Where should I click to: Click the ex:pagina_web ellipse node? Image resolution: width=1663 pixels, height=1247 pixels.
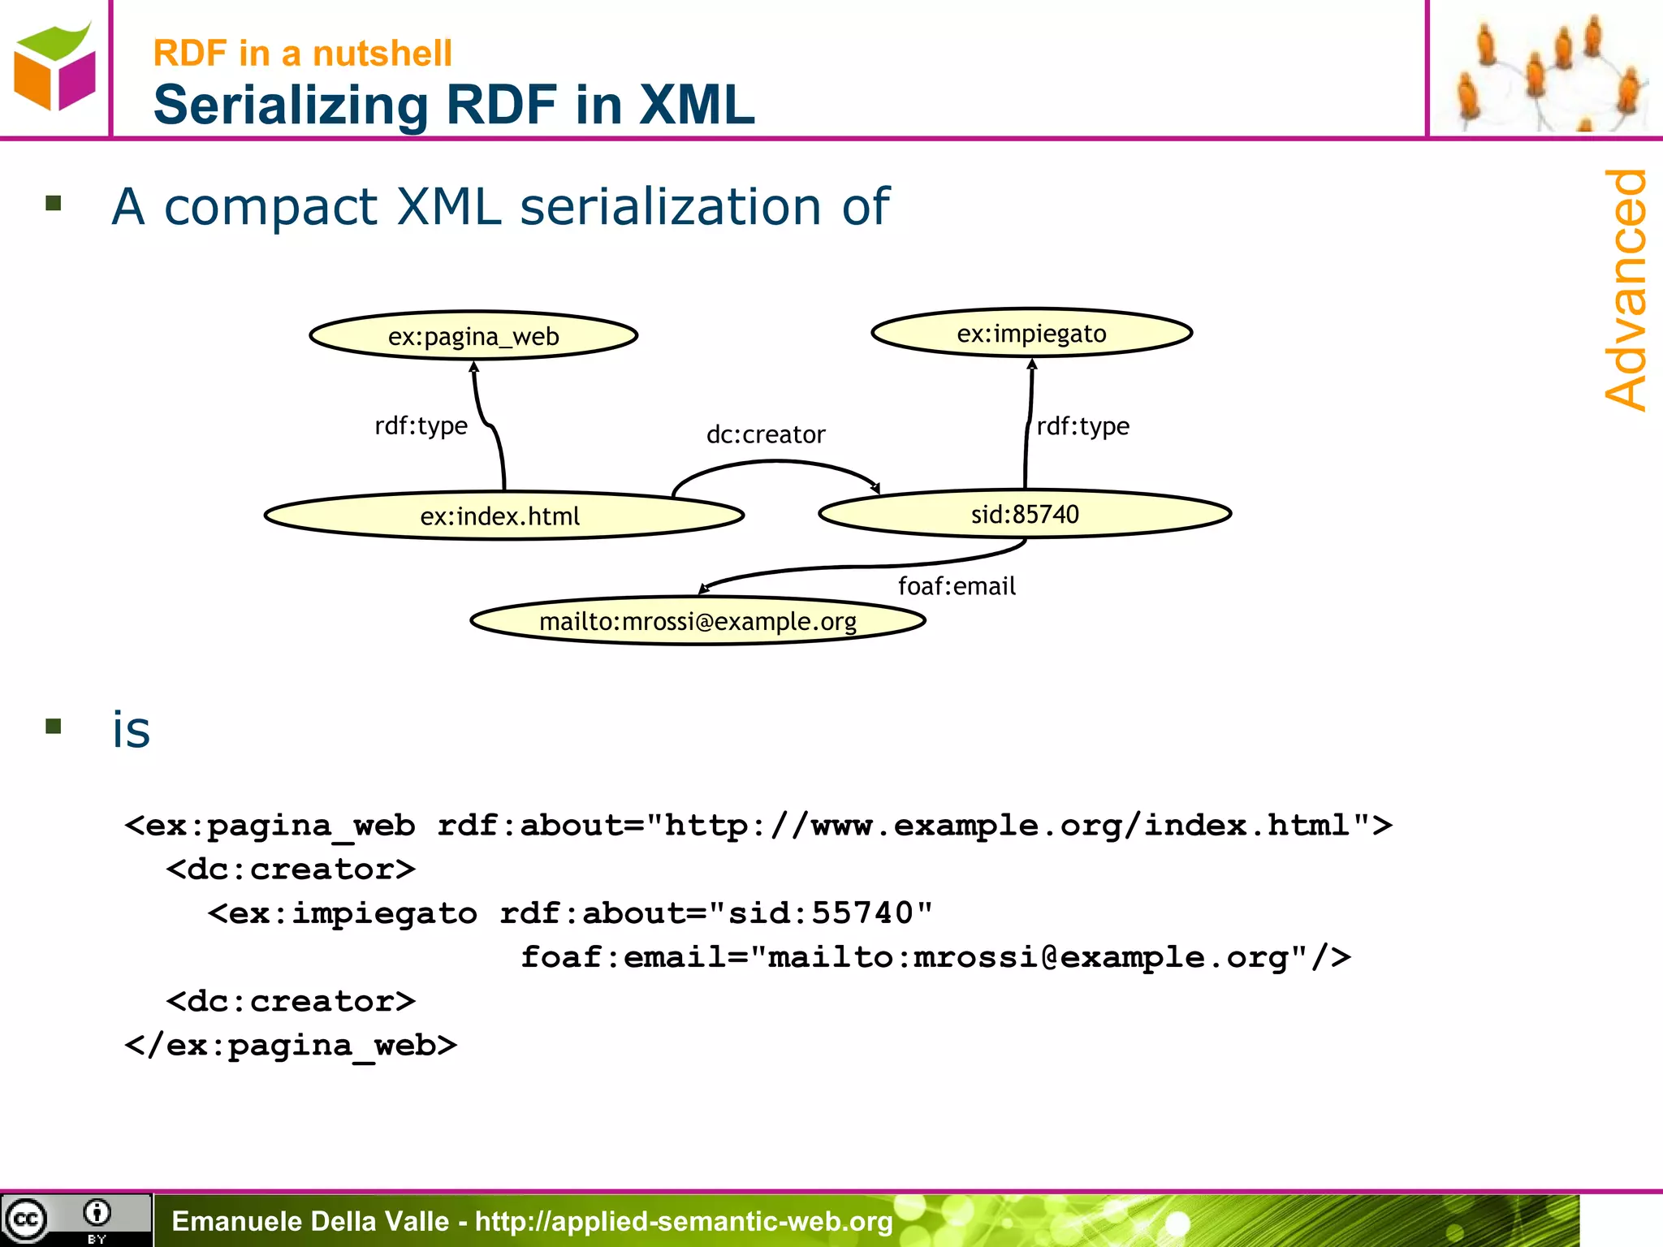point(473,336)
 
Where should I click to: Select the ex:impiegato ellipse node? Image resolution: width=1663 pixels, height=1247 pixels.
point(1031,333)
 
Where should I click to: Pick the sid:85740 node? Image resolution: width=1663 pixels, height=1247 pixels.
point(1025,514)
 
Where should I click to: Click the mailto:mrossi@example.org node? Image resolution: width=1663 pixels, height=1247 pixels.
point(698,622)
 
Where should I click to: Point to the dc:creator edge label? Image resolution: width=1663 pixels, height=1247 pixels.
point(766,435)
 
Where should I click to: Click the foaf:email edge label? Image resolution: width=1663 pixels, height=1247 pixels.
point(957,586)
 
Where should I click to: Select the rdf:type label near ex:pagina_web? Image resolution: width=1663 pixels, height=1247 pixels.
point(421,426)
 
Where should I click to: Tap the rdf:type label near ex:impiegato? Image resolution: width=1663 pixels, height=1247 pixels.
point(1083,426)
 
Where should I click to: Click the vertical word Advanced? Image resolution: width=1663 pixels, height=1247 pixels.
point(1626,289)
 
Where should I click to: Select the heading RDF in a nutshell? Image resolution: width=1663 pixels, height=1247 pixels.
point(302,54)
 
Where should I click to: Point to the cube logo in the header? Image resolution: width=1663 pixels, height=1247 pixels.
point(54,67)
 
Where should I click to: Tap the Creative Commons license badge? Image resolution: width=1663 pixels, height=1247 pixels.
point(76,1219)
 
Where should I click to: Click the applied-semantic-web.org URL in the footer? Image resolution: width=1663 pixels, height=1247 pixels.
point(684,1221)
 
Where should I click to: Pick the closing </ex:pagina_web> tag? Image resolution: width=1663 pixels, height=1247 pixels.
point(291,1046)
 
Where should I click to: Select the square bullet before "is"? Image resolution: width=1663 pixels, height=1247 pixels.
point(54,726)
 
